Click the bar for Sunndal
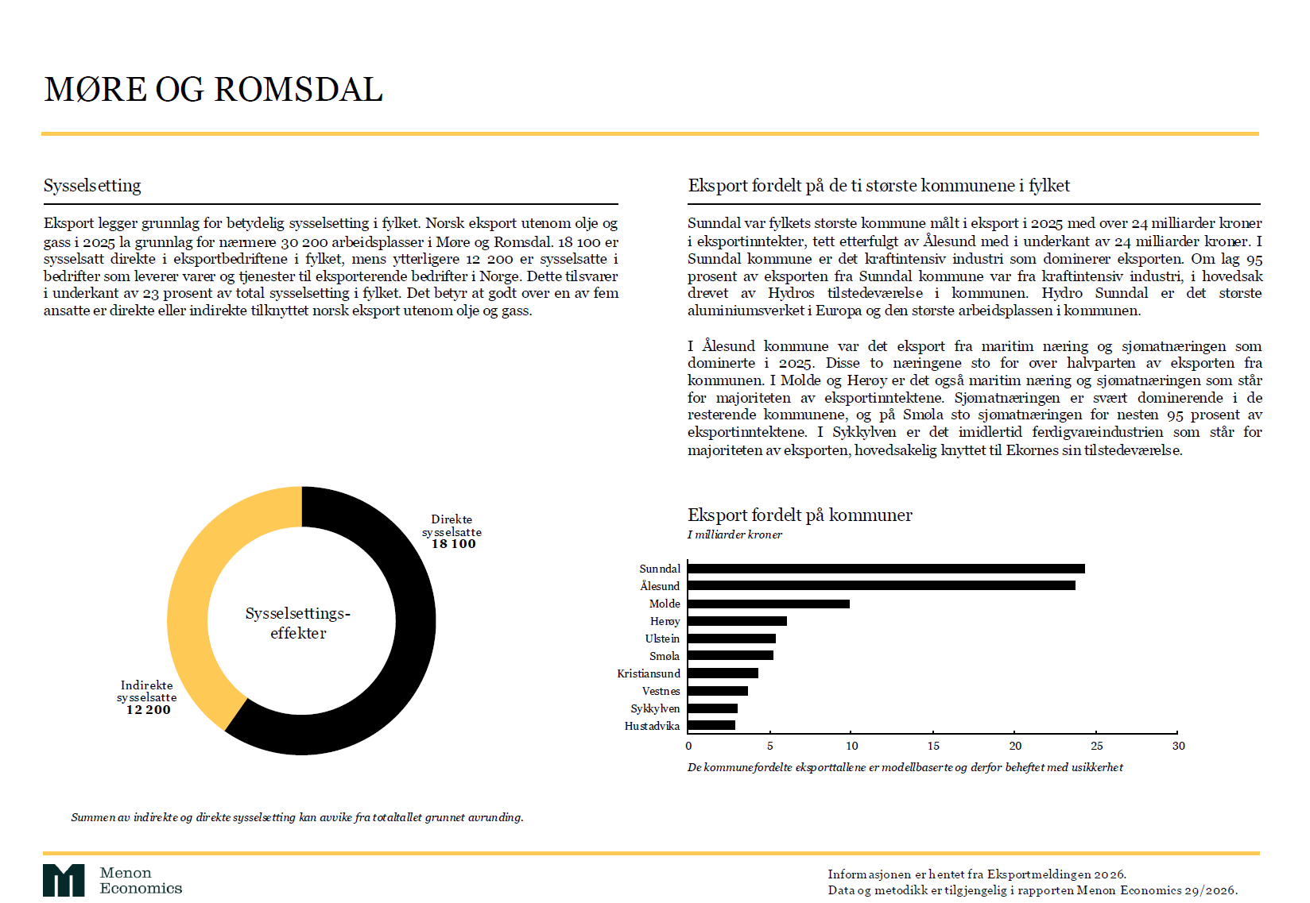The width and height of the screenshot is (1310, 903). click(x=886, y=569)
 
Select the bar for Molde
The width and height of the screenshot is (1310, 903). click(x=768, y=604)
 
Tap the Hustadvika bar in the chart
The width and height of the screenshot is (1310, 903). click(x=711, y=725)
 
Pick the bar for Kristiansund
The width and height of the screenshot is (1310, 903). click(x=723, y=673)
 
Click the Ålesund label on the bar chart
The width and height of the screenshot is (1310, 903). click(x=660, y=586)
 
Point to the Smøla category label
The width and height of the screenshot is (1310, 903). click(x=664, y=656)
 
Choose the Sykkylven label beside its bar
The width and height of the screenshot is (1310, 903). click(x=655, y=708)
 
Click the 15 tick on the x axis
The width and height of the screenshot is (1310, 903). click(x=933, y=746)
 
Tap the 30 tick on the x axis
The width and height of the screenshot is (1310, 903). click(x=1178, y=746)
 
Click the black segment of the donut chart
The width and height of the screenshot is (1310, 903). click(x=397, y=675)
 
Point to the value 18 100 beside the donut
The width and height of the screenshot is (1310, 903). click(x=453, y=544)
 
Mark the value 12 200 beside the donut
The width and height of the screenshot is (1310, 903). click(x=148, y=710)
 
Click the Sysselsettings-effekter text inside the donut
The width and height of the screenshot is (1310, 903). click(x=298, y=623)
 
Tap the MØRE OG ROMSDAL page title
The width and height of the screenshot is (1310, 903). click(x=214, y=90)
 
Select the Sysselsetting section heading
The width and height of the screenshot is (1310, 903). click(x=92, y=186)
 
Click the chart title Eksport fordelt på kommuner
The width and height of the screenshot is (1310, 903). click(x=800, y=515)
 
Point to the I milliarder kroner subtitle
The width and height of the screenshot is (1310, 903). click(x=734, y=534)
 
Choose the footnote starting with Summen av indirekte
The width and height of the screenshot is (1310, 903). click(x=297, y=817)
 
